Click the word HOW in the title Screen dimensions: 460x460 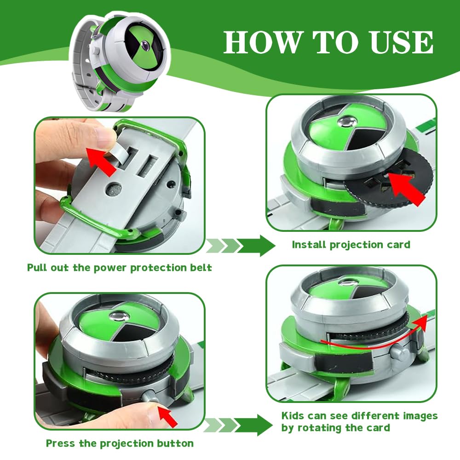click(x=263, y=42)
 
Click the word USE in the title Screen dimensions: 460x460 click(x=402, y=42)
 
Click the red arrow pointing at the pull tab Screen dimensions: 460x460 click(x=101, y=161)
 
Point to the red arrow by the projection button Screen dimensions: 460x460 click(x=167, y=416)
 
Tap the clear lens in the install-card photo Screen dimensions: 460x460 click(x=347, y=121)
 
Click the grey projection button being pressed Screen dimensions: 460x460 click(x=150, y=396)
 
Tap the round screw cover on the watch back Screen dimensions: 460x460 click(x=114, y=189)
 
